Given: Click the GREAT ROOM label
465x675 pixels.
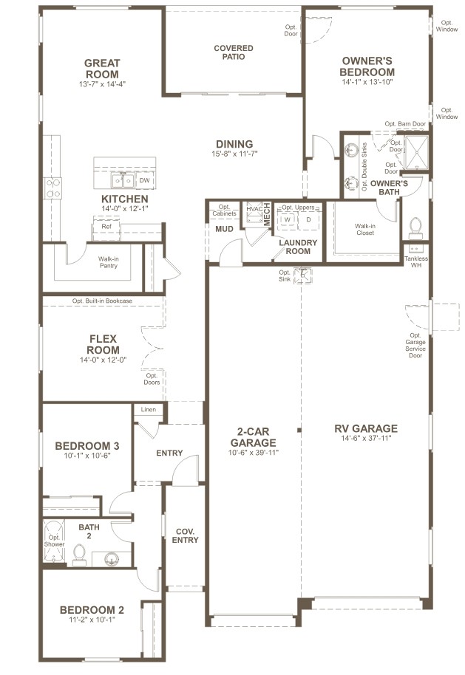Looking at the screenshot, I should click(102, 69).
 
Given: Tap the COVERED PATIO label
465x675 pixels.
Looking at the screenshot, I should click(234, 53).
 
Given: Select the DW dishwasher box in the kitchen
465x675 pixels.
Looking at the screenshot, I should click(144, 180).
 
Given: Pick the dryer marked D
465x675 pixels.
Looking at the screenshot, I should click(308, 219).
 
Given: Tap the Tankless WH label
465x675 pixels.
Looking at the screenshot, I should click(415, 261).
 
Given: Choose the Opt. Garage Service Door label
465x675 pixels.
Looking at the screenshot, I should click(415, 344).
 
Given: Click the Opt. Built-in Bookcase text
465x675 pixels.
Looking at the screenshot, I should click(102, 301).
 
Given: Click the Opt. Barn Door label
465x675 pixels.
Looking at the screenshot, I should click(405, 124).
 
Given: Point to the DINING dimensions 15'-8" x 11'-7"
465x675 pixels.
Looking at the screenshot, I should click(234, 155).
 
